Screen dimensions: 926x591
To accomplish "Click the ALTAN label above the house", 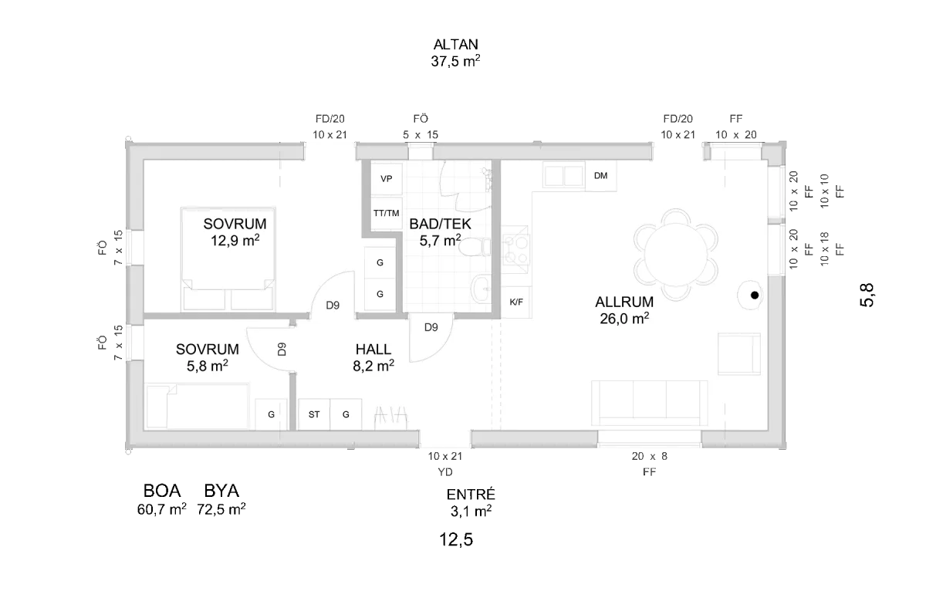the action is [x=455, y=44].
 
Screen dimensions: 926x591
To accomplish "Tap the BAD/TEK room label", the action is [x=440, y=224].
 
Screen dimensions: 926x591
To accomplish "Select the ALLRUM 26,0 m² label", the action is [x=624, y=310].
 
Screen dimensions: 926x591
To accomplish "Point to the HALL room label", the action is [x=373, y=350].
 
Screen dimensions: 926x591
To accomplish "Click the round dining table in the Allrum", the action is [x=675, y=254].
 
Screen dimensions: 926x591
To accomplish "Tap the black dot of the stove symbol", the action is [x=755, y=295].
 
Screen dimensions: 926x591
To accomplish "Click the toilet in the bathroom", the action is [x=475, y=247].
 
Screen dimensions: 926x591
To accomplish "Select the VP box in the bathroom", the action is [x=386, y=178].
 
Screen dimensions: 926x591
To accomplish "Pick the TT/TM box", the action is [x=386, y=213].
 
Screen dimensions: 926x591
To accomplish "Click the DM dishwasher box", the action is [x=600, y=176].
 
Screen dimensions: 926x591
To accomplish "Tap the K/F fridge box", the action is [x=516, y=302].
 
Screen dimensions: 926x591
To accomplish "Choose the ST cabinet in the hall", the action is [x=314, y=414].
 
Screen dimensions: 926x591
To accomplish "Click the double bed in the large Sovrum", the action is [x=228, y=258].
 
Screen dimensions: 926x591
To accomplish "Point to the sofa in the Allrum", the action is [x=650, y=403].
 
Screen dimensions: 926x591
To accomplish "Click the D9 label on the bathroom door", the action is [x=431, y=327].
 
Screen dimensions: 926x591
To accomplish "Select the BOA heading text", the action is [x=161, y=491].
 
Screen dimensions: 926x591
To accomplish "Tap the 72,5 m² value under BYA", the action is [x=221, y=509].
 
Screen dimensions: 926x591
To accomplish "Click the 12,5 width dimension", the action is [x=456, y=539].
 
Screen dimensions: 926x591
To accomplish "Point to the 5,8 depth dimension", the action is [x=867, y=295].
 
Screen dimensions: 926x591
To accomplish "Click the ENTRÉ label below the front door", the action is [x=471, y=495].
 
